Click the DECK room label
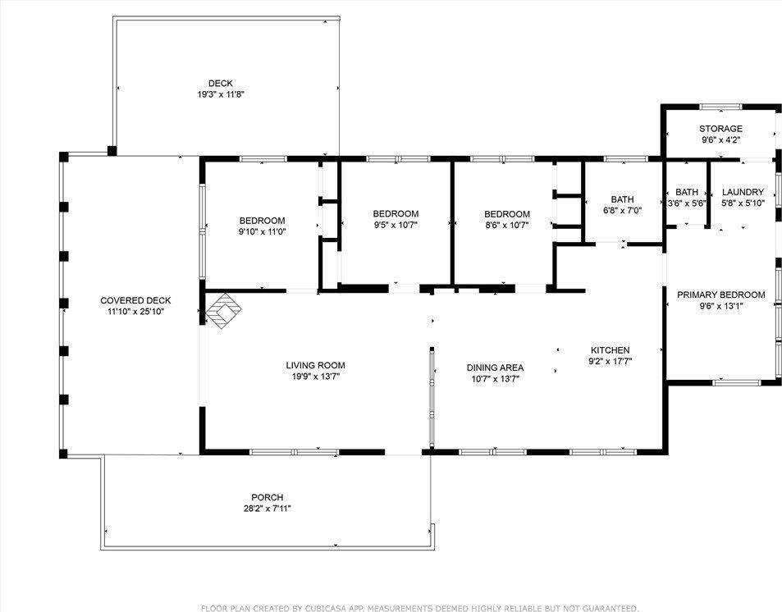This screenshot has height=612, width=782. tap(221, 84)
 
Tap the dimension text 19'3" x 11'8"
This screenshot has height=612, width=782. tap(221, 94)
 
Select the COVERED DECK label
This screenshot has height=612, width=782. tap(135, 300)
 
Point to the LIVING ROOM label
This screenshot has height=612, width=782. tap(316, 365)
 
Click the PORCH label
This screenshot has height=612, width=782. tap(268, 497)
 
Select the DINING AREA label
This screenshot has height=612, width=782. tap(496, 368)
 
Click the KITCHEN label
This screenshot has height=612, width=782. tap(611, 350)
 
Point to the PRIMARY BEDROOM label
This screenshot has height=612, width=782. tap(721, 295)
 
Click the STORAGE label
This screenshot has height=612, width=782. tap(720, 129)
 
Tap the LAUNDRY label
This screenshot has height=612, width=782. tap(743, 192)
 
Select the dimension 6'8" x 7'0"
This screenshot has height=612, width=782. tap(623, 211)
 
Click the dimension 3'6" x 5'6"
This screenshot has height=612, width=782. tap(687, 203)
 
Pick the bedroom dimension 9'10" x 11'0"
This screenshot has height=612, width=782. tap(263, 231)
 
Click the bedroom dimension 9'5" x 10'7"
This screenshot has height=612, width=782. tap(396, 225)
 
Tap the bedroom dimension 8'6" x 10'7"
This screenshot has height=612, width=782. tap(507, 225)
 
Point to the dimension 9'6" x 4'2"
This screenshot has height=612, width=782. tap(720, 139)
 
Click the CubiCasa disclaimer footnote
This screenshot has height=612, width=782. tap(419, 608)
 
